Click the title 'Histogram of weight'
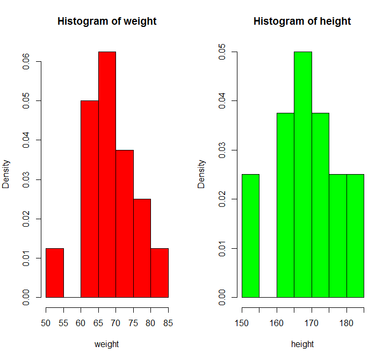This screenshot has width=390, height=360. pos(107,21)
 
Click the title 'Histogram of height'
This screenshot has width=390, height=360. pos(302,21)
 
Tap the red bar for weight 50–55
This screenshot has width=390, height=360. pos(55,273)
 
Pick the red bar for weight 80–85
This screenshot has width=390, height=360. pos(160,273)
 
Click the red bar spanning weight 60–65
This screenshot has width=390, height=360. pos(90,199)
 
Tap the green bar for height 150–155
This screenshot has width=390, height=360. pos(250,236)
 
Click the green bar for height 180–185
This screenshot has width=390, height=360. pos(355,236)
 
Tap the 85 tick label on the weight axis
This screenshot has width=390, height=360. pos(168,324)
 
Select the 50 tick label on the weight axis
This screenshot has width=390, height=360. pos(46,324)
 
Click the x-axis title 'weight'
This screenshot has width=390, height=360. pos(106,344)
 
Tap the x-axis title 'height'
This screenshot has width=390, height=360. pos(302,344)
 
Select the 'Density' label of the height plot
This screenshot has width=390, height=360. pos(201,174)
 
